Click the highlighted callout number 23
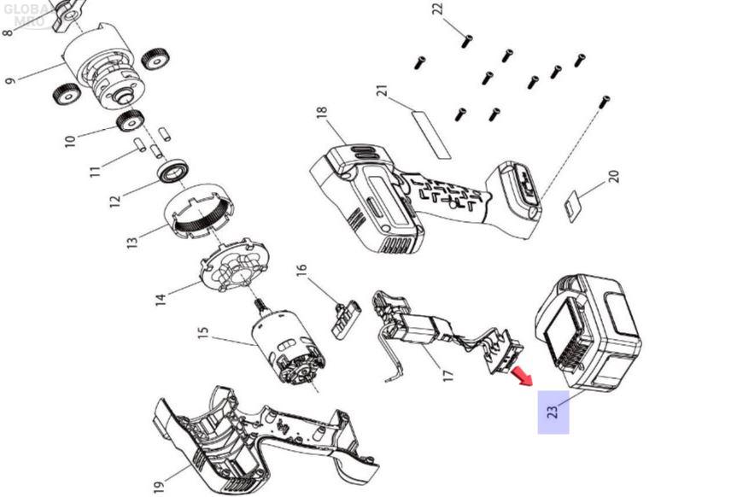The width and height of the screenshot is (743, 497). (553, 412)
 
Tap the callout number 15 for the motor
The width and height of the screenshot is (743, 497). (202, 333)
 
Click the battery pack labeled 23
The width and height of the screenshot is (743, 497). (588, 332)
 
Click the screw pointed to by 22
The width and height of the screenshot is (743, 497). (465, 42)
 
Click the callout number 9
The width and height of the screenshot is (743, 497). (10, 80)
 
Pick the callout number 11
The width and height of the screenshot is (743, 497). (96, 171)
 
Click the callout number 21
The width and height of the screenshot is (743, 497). (382, 91)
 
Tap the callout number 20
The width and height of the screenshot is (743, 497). (614, 177)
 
